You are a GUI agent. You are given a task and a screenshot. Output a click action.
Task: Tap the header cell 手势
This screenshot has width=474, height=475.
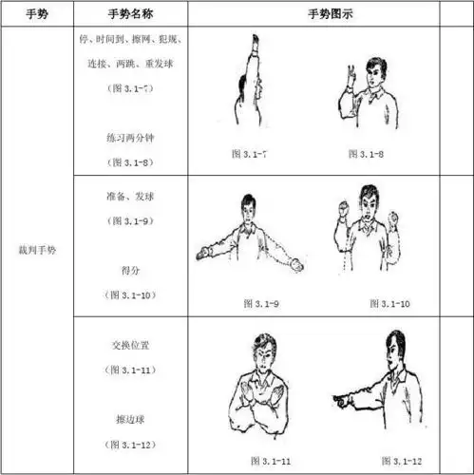tap(35, 14)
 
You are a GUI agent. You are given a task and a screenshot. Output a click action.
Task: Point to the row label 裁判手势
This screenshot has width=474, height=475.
tap(35, 251)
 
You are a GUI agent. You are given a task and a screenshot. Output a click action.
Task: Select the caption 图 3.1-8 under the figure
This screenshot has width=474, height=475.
tap(364, 153)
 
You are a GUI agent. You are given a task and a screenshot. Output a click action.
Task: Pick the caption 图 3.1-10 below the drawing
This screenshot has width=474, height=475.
tap(388, 303)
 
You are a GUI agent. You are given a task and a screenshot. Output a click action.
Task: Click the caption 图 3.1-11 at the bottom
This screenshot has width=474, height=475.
tap(271, 460)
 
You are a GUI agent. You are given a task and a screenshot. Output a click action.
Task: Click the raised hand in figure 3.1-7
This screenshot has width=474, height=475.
tap(256, 43)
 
